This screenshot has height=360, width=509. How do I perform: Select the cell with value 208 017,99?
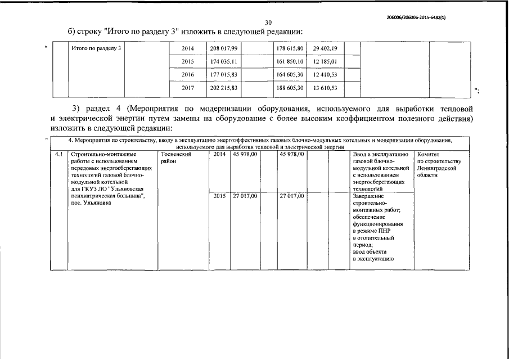(x=224, y=49)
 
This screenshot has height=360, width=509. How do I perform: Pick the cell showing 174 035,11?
(x=224, y=61)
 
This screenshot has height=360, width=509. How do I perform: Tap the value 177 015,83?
(x=224, y=74)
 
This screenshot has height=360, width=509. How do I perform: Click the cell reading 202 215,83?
(x=224, y=88)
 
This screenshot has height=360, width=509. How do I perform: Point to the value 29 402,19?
(x=325, y=49)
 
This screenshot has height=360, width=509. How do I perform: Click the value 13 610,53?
(x=325, y=88)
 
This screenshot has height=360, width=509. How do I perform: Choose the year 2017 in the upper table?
(x=188, y=88)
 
